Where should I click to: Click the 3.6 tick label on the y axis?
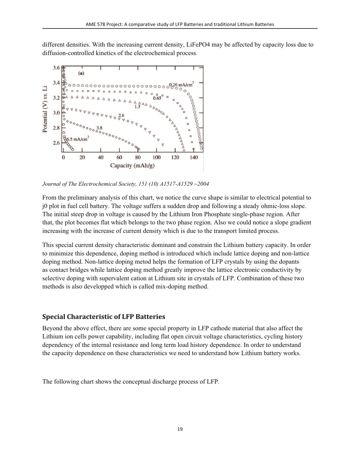coord(56,68)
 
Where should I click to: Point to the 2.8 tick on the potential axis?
coord(56,128)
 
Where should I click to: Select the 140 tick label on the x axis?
coord(194,157)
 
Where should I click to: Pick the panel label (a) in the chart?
coord(81,73)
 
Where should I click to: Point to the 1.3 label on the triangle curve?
coord(137,106)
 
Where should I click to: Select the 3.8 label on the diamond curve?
coord(100,128)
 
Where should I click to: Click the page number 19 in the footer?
coord(180,429)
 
